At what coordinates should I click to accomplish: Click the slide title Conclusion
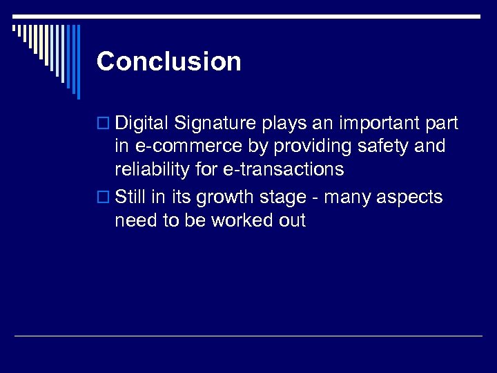click(169, 61)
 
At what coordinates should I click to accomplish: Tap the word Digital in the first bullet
click(142, 124)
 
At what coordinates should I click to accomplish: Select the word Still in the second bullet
click(130, 198)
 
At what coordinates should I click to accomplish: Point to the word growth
click(227, 198)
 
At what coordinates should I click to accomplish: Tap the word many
click(347, 198)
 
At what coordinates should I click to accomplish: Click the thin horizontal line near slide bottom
click(248, 336)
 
